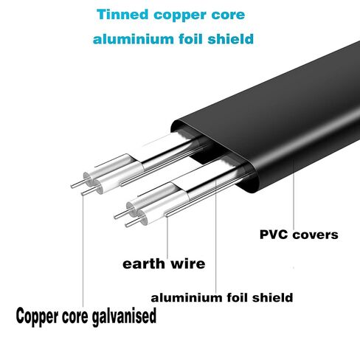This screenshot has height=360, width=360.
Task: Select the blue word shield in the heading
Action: point(230,39)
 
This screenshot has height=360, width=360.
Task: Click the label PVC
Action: point(274,235)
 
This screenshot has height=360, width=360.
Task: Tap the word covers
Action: point(316,235)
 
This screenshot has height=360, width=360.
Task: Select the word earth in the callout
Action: point(144,264)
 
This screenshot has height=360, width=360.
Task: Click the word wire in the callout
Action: point(188,263)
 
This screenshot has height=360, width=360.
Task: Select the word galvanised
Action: point(124,316)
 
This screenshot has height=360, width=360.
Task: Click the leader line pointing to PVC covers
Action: point(294,194)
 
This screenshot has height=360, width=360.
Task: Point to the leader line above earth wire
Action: point(167,238)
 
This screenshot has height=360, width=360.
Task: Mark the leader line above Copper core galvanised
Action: point(83,251)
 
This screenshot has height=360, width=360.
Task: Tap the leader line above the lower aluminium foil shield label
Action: point(216,237)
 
